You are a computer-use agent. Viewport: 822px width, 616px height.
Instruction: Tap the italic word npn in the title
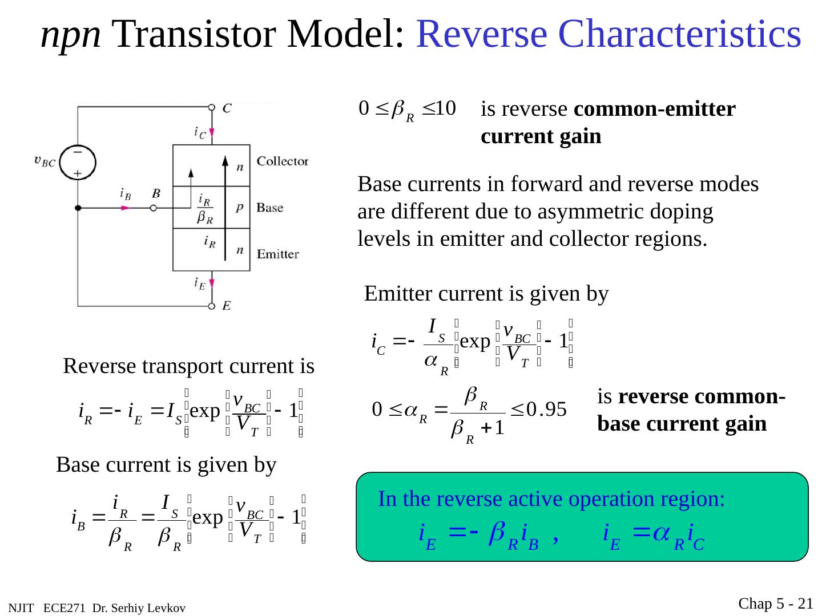pos(71,34)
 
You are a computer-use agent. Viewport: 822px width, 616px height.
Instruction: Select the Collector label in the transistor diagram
pos(283,161)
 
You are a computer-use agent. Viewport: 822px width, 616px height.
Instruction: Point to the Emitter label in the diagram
pos(278,254)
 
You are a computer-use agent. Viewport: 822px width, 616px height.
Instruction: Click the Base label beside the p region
pos(270,208)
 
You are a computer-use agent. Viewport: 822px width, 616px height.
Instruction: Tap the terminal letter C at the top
pos(227,108)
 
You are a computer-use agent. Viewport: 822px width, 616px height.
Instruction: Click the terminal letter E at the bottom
pos(227,306)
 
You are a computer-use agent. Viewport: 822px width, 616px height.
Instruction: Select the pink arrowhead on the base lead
pos(126,209)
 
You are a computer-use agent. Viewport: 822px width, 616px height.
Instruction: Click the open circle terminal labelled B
pos(153,209)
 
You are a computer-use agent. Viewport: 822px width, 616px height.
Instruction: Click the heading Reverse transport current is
pos(188,366)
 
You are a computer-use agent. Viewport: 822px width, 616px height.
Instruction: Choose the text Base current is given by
pos(166,465)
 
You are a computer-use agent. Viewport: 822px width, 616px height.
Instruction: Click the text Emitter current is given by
pos(486,294)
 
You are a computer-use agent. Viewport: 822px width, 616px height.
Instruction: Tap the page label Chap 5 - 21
pos(776,603)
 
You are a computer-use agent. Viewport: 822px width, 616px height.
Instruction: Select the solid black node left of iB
pos(78,209)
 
